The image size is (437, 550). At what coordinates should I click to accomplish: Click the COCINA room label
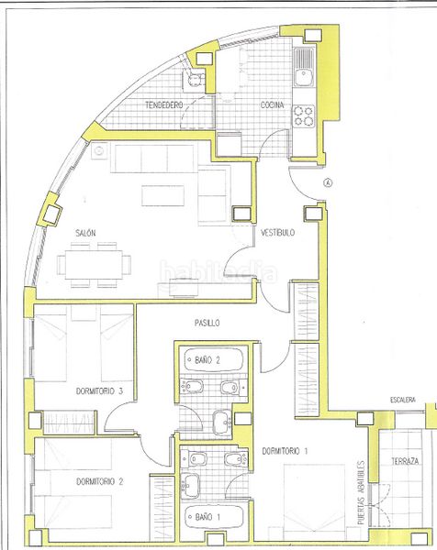pyautogui.click(x=272, y=104)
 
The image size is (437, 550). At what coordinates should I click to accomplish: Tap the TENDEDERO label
pyautogui.click(x=164, y=104)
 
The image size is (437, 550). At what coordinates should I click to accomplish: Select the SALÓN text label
pyautogui.click(x=85, y=233)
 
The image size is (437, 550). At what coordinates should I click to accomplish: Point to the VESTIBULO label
pyautogui.click(x=277, y=233)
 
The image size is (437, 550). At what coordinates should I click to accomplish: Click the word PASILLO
pyautogui.click(x=207, y=323)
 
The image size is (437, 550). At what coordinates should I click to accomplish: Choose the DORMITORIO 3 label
pyautogui.click(x=99, y=390)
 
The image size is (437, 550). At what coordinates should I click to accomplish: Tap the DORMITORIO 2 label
pyautogui.click(x=100, y=481)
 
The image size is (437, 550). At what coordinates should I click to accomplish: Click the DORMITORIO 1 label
pyautogui.click(x=285, y=451)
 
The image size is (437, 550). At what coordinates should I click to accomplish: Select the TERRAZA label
pyautogui.click(x=405, y=461)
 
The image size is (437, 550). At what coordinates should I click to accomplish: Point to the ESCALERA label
pyautogui.click(x=403, y=400)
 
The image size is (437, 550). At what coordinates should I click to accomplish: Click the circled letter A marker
pyautogui.click(x=328, y=182)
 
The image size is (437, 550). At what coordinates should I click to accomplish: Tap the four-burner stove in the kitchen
pyautogui.click(x=304, y=116)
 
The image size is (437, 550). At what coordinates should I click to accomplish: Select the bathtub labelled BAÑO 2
pyautogui.click(x=214, y=360)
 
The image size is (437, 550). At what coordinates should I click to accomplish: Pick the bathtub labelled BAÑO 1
pyautogui.click(x=214, y=517)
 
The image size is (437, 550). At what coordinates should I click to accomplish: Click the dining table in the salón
pyautogui.click(x=94, y=265)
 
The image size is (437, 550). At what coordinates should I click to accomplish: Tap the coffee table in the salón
pyautogui.click(x=163, y=195)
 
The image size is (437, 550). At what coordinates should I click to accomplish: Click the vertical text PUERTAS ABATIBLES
pyautogui.click(x=361, y=492)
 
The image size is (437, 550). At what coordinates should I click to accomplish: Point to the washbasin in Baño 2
pyautogui.click(x=222, y=423)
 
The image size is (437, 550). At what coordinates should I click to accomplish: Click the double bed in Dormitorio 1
pyautogui.click(x=314, y=502)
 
